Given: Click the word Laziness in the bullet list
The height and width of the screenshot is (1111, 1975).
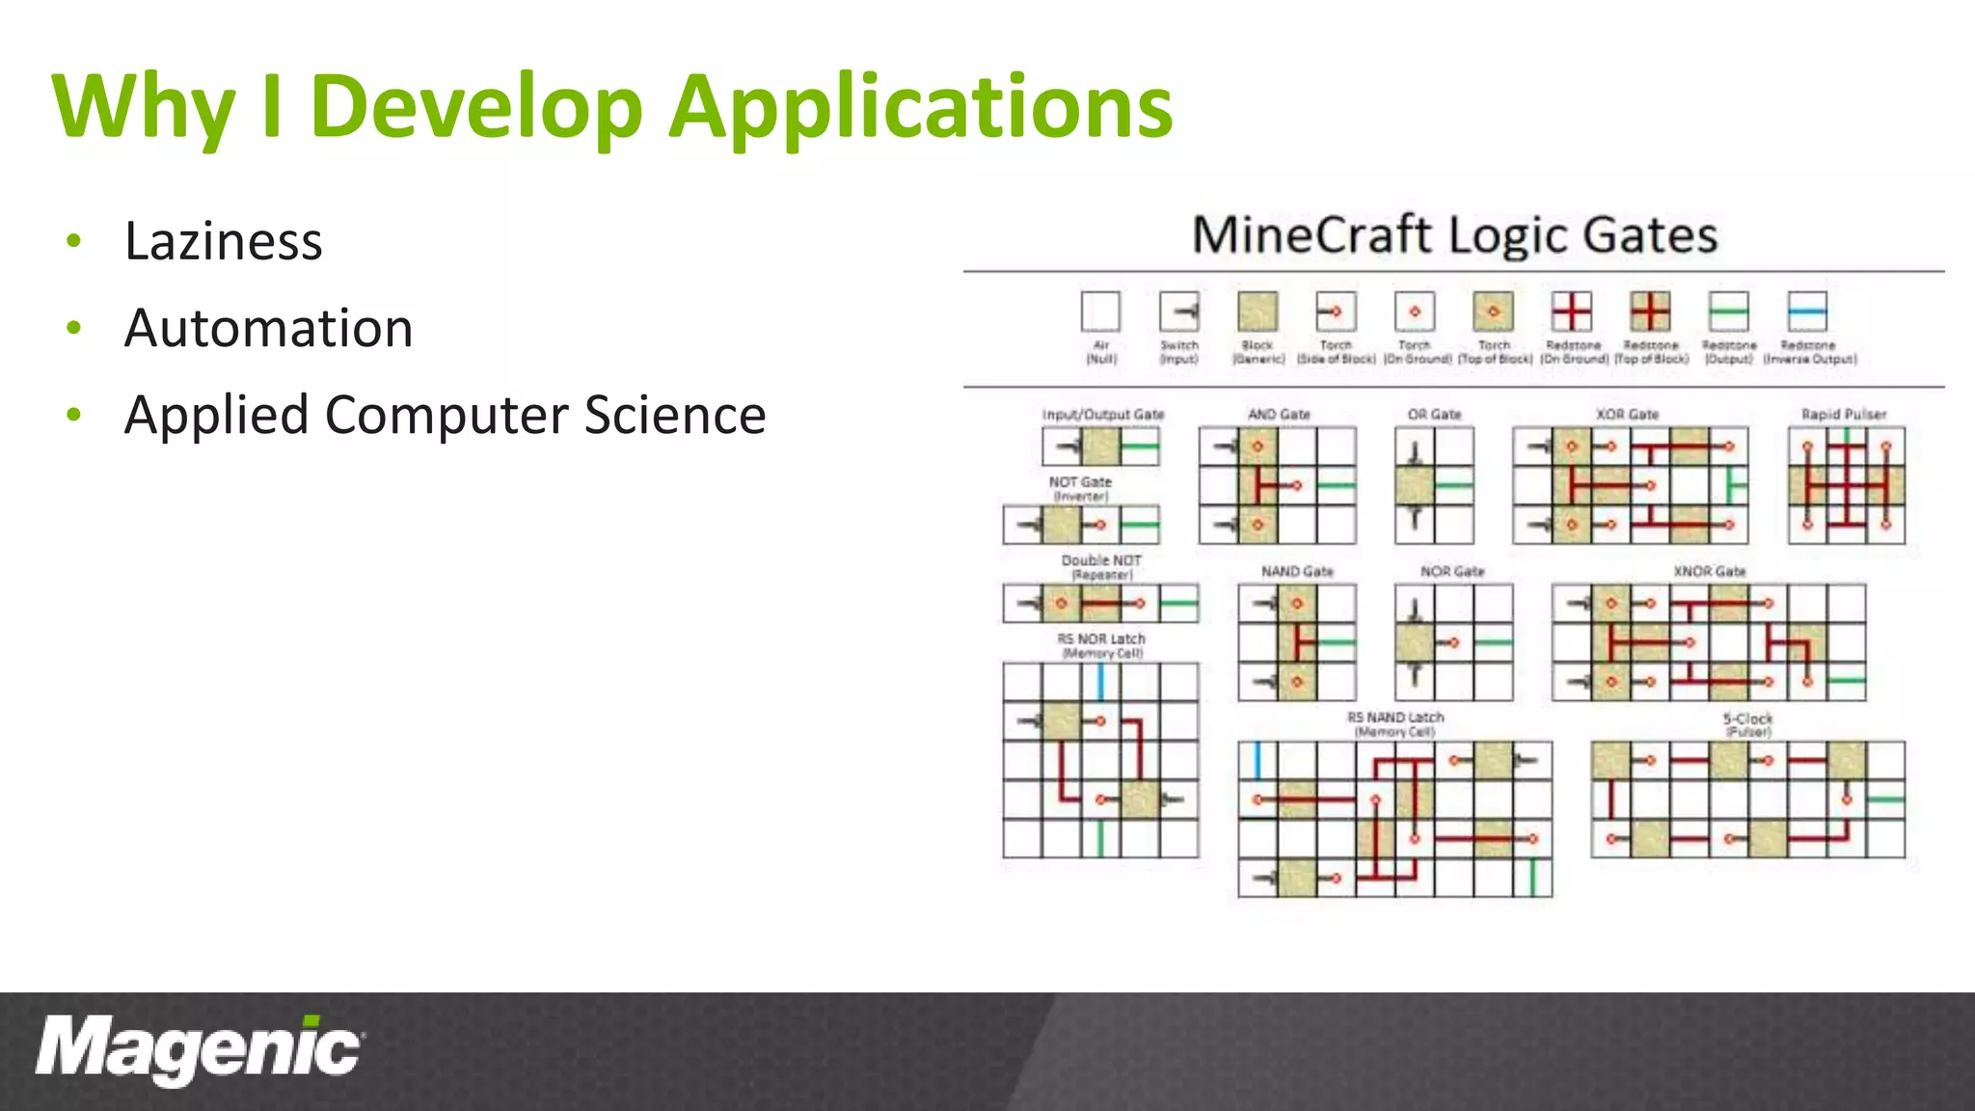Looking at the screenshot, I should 223,241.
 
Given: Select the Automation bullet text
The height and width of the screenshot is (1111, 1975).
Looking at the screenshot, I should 269,328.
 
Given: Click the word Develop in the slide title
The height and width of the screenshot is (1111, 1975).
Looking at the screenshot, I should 476,106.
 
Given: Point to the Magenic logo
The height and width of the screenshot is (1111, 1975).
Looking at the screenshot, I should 199,1049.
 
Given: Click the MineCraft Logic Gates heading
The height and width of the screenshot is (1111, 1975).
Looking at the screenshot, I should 1454,235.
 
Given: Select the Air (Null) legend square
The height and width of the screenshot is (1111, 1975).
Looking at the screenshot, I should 1100,312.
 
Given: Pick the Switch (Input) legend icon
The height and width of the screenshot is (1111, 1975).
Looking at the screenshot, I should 1179,312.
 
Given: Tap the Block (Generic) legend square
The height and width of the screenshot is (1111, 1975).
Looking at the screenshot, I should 1258,312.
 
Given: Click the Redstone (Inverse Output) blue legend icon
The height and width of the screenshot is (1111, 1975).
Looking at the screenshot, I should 1807,312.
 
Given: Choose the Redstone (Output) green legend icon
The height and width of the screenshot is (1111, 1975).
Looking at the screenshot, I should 1728,312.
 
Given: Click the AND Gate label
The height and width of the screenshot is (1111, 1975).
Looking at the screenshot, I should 1279,415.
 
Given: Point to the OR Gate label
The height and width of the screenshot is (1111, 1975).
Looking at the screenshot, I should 1434,415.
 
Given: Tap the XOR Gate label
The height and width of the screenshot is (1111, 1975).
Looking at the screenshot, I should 1628,415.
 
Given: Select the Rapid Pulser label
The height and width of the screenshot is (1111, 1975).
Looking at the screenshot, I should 1844,415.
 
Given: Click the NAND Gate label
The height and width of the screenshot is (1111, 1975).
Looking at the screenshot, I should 1297,572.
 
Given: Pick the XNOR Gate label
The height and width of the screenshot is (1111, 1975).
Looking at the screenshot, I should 1709,572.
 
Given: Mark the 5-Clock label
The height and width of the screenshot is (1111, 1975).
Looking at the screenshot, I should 1747,719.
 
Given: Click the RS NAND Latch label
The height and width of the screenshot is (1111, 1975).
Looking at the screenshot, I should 1395,718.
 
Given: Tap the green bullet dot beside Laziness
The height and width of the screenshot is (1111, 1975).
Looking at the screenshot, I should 74,241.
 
